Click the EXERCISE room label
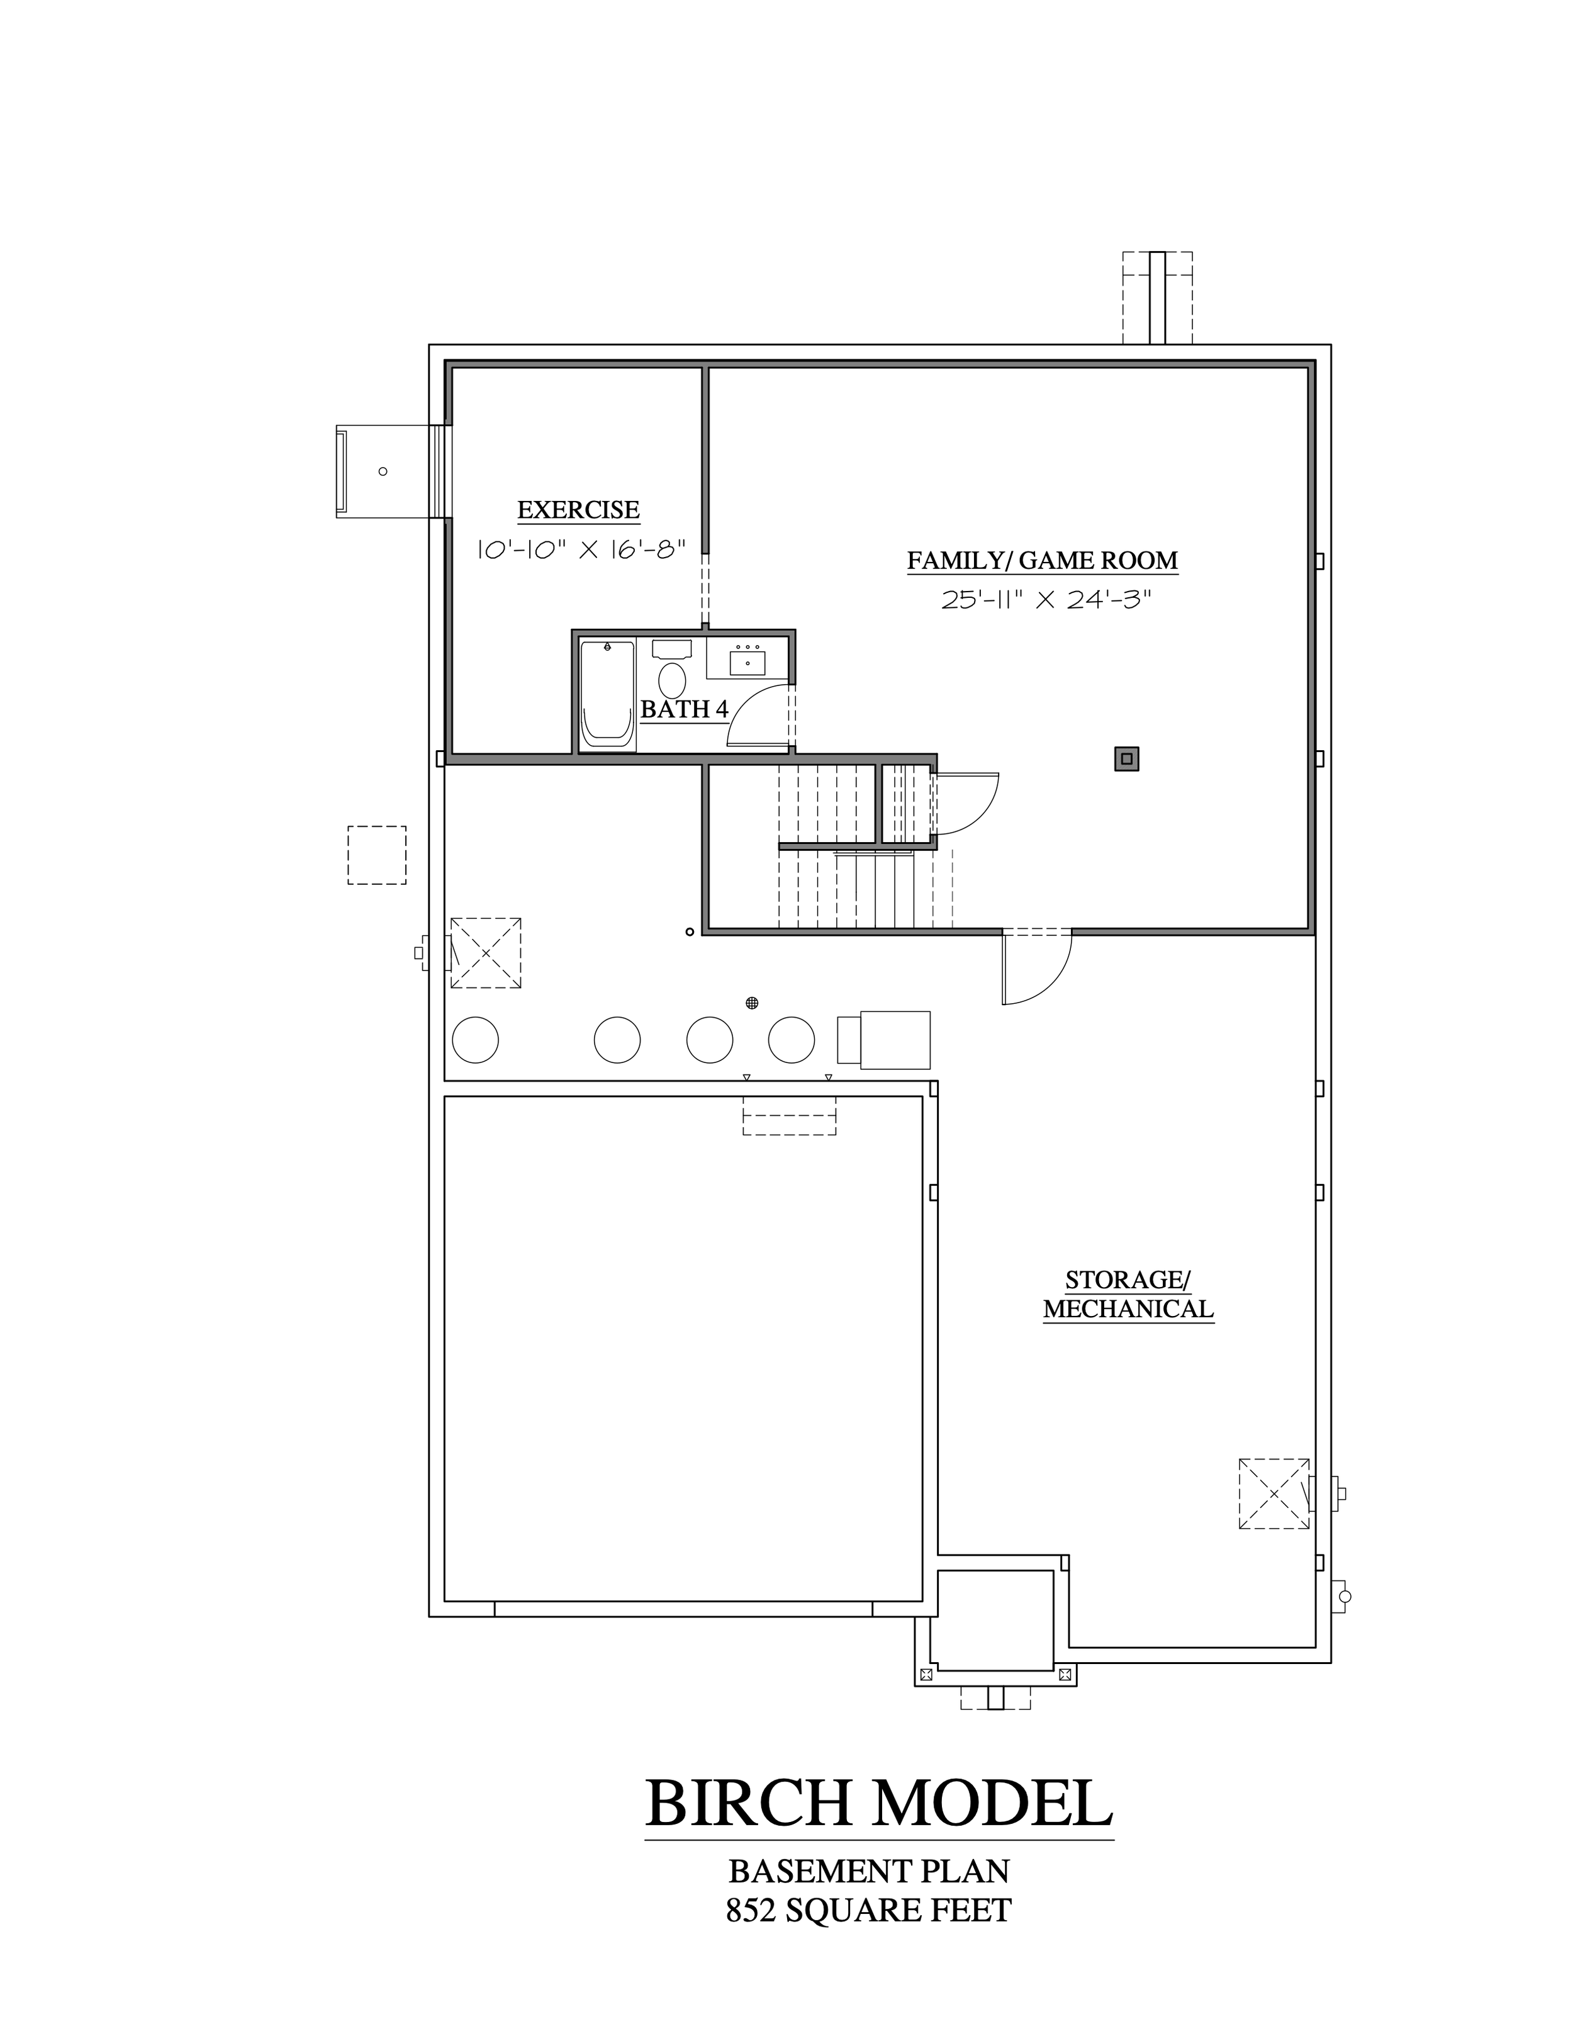pyautogui.click(x=578, y=510)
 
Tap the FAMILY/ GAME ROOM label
pyautogui.click(x=1043, y=560)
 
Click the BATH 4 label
pyautogui.click(x=684, y=709)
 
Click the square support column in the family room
pyautogui.click(x=1127, y=759)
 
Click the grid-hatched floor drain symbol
pyautogui.click(x=752, y=1003)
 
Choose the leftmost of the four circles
pyautogui.click(x=475, y=1040)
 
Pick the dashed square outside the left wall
pyautogui.click(x=376, y=855)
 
